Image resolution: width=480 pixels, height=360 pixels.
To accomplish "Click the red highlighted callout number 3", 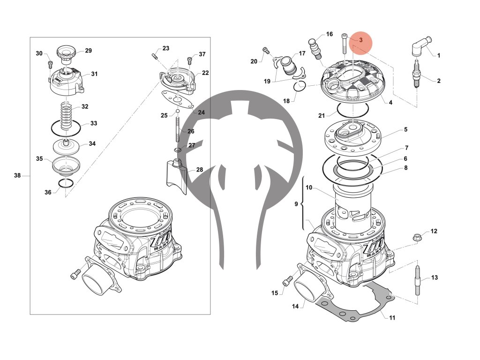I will (x=361, y=40).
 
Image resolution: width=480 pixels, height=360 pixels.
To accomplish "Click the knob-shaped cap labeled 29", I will (x=66, y=52).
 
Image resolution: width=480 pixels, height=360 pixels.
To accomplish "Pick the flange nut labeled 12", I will (x=417, y=237).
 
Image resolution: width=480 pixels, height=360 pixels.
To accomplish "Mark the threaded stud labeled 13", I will (x=418, y=280).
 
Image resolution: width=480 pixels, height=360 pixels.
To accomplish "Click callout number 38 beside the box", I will (x=17, y=176).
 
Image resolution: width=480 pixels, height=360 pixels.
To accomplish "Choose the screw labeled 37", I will (x=190, y=60).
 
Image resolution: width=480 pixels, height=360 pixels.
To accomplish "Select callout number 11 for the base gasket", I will (x=392, y=318).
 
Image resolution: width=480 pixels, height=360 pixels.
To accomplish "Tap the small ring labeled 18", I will (x=300, y=86).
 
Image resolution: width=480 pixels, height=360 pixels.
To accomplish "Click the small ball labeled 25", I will (x=178, y=112).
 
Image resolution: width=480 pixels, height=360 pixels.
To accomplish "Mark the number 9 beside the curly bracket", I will (x=296, y=204).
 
